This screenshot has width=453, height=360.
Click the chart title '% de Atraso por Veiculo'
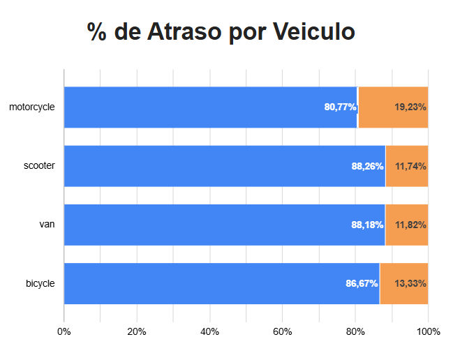coord(221,32)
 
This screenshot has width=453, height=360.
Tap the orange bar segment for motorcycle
coord(392,107)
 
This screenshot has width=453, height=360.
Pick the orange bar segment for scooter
coord(406,166)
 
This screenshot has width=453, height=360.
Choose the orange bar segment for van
coord(406,225)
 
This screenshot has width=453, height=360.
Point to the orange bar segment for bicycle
coord(403,283)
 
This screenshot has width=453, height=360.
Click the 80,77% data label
coord(340,107)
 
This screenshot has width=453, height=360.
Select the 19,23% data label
coord(410,107)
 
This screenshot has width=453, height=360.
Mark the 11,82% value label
coord(410,225)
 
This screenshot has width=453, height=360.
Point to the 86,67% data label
coord(362,283)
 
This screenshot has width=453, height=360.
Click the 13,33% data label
coord(410,283)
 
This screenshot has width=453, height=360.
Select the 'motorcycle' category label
coord(32,107)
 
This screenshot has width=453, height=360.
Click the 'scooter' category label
coord(39,166)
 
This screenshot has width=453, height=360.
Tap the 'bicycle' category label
coord(40,283)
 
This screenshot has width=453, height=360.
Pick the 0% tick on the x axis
coord(64,331)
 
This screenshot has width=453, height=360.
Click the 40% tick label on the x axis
coord(210,331)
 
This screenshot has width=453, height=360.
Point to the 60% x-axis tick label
coord(283,331)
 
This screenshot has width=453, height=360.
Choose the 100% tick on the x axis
coord(428,331)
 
